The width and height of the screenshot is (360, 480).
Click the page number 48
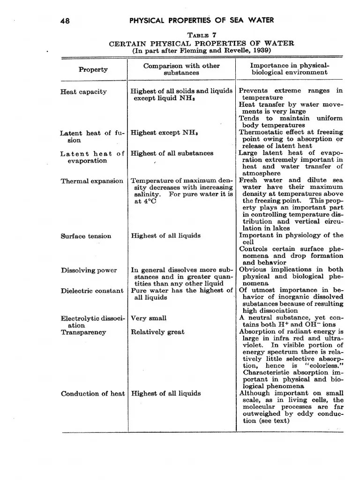pos(65,21)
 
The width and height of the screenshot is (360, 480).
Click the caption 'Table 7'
pos(202,35)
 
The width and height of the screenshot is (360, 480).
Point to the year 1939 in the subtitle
pos(262,51)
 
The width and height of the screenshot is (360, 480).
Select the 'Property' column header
pos(93,70)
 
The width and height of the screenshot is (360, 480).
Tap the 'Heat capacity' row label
pos(83,92)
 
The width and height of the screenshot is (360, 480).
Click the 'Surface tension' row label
pos(86,236)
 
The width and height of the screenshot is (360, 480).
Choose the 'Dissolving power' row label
pos(89,270)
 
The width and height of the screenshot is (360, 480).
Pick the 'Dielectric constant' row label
pos(92,291)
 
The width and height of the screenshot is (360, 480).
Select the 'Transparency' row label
pos(83,332)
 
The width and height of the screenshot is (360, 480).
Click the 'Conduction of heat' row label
pos(93,394)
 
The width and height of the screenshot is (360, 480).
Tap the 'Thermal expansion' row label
pos(92,181)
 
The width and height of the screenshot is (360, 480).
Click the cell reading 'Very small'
pos(148,318)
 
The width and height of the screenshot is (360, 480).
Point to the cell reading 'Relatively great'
pos(157,332)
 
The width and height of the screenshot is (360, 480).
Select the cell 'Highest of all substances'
pos(172,153)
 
